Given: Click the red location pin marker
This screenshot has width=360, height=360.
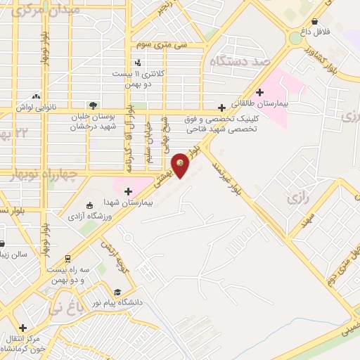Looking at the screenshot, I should (x=181, y=165).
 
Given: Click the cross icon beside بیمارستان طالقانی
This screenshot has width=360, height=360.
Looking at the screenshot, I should (x=259, y=91).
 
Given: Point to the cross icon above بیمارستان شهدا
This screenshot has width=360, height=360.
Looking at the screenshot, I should (x=128, y=191).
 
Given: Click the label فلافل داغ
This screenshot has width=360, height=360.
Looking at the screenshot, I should (x=323, y=32).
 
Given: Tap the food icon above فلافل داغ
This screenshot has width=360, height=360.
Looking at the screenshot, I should (x=323, y=21).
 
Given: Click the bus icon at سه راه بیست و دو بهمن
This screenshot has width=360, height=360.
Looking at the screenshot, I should (x=67, y=258).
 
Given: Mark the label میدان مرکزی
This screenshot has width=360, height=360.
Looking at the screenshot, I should (x=37, y=10).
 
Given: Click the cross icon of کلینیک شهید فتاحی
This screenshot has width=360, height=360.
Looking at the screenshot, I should (x=222, y=108).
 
